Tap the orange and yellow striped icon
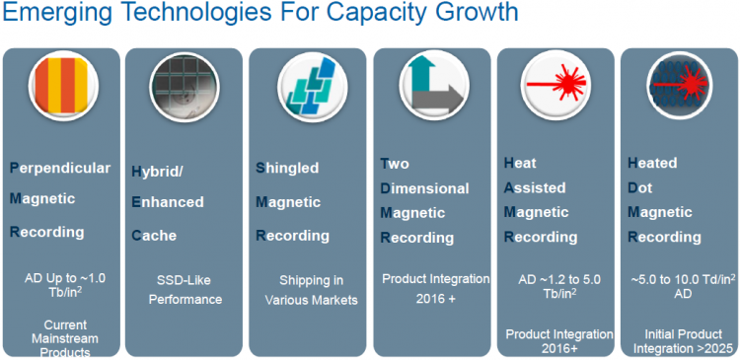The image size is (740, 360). tap(63, 85)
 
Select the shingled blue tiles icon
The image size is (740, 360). tap(314, 85)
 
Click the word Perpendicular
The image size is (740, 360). tap(60, 169)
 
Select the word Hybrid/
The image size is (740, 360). tap(157, 173)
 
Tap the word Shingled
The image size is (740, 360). tap(287, 168)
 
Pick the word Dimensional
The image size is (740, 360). tap(424, 188)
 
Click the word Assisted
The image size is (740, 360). tap(535, 187)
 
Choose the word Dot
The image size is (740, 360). tap(639, 187)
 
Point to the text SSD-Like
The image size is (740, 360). tap(184, 281)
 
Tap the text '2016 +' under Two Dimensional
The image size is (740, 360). tap(435, 298)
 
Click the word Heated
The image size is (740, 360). tap(652, 164)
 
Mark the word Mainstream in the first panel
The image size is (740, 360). tap(65, 338)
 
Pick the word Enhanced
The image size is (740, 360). tap(168, 202)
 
